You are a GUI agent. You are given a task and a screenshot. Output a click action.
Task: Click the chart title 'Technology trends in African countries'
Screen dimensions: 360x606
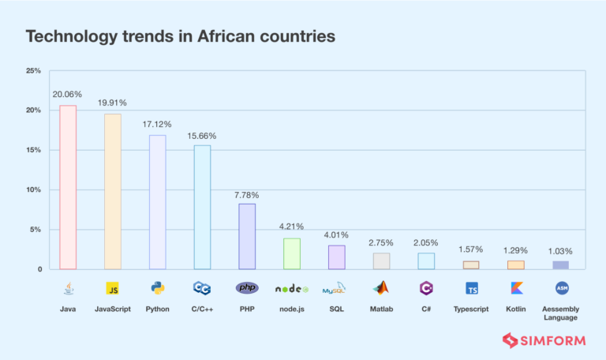click(x=181, y=36)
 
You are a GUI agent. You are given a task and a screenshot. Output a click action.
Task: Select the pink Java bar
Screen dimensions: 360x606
click(x=68, y=187)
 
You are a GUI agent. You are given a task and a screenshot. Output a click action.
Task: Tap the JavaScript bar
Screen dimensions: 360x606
click(x=113, y=192)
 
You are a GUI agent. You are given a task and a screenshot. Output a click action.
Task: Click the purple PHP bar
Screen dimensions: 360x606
click(x=247, y=236)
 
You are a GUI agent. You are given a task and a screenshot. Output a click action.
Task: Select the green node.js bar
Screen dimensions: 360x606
click(x=291, y=253)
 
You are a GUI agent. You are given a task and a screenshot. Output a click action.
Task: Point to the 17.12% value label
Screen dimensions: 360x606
click(x=158, y=125)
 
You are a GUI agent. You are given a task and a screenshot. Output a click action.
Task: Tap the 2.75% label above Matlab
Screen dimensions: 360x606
click(x=381, y=242)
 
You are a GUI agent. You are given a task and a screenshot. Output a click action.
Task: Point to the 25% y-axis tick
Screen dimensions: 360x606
click(x=33, y=71)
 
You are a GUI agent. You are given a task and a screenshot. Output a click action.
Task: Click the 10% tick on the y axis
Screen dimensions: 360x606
click(x=33, y=190)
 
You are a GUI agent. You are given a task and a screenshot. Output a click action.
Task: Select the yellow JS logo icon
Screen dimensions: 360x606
click(x=113, y=288)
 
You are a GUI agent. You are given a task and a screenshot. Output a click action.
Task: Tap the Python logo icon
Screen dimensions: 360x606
click(x=158, y=288)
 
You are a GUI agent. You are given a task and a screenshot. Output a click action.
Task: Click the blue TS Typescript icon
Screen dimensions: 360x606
click(x=472, y=288)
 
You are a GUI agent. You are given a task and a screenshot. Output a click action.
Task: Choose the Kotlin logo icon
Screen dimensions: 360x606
click(x=517, y=288)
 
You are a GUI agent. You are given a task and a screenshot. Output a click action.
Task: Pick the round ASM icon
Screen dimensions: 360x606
click(x=562, y=288)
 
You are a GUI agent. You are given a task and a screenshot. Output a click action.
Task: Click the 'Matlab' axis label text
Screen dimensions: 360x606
click(x=381, y=309)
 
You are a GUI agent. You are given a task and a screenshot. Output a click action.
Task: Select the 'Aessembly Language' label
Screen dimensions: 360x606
click(x=562, y=313)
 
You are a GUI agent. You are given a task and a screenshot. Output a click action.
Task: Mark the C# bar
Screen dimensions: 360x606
click(x=426, y=261)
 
